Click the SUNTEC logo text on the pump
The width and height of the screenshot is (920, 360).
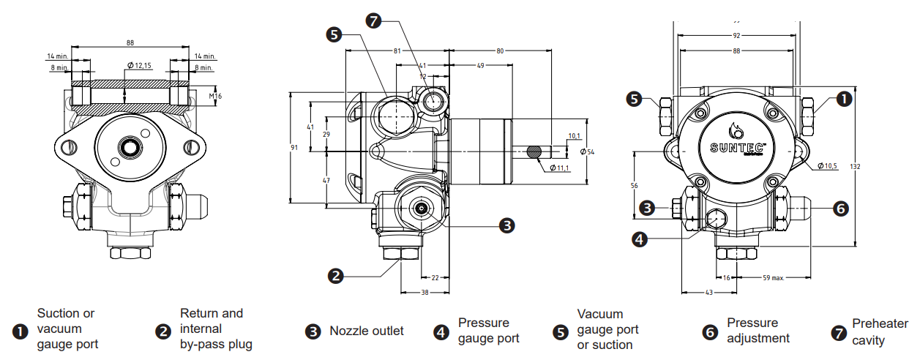[x=737, y=148]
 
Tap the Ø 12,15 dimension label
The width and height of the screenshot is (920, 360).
[x=139, y=65]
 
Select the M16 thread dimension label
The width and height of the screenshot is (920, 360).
[x=215, y=96]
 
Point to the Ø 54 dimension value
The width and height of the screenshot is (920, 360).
[x=587, y=152]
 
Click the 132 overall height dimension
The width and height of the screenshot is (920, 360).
[x=855, y=167]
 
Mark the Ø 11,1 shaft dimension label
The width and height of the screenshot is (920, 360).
[x=559, y=168]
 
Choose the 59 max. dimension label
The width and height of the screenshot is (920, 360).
[x=774, y=278]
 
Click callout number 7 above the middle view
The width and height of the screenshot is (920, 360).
[x=373, y=20]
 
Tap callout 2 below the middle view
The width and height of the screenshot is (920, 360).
[x=335, y=275]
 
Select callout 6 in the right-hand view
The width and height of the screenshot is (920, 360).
[x=841, y=209]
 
